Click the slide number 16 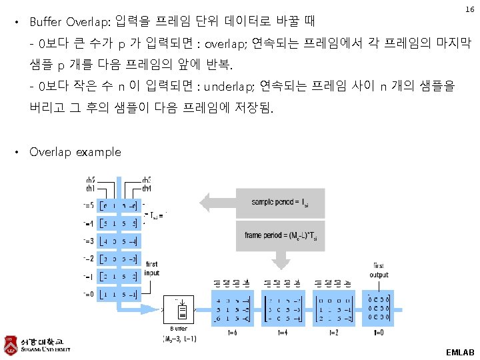pyautogui.click(x=469, y=10)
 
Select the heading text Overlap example pyautogui.click(x=75, y=152)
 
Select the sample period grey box pyautogui.click(x=279, y=202)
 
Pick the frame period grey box pyautogui.click(x=279, y=235)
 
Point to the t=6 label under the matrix pyautogui.click(x=231, y=332)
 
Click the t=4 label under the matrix pyautogui.click(x=283, y=332)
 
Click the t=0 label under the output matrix pyautogui.click(x=379, y=332)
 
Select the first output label pyautogui.click(x=379, y=270)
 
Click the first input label pyautogui.click(x=152, y=268)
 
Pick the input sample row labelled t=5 pyautogui.click(x=118, y=205)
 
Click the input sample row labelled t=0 pyautogui.click(x=118, y=294)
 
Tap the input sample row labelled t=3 pyautogui.click(x=118, y=241)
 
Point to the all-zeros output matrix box pyautogui.click(x=379, y=309)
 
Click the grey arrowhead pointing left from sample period pyautogui.click(x=204, y=201)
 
